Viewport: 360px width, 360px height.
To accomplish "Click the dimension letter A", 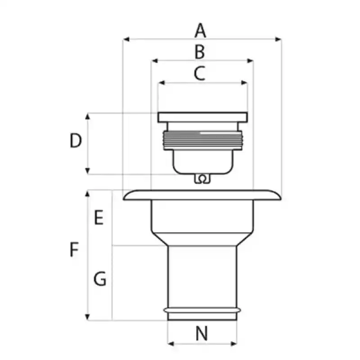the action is coord(200,30).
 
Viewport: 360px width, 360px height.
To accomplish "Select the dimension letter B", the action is coord(199,52).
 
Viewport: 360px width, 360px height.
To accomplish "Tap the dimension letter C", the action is coord(199,73).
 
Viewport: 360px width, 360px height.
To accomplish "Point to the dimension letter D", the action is coord(76,140).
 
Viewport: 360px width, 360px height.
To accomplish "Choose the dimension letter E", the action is coord(99,217).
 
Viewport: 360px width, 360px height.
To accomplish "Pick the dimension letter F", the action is coord(74,249).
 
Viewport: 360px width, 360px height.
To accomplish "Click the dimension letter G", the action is coord(100,279).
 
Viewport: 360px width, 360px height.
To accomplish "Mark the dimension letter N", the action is coord(202,333).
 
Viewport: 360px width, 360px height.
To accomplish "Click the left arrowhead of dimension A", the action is coord(126,39).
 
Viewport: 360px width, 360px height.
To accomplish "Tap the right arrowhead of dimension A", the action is coord(278,39).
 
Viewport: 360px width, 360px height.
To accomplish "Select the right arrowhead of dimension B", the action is coord(250,61).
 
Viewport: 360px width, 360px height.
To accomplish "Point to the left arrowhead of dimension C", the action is coord(162,83).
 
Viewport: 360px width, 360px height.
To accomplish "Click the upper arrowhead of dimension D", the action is coord(87,116).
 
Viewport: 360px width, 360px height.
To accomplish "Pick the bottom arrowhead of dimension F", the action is coord(87,317).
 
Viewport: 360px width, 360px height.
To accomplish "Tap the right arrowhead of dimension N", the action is coord(234,344).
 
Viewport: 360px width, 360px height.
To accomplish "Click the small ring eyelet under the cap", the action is coord(202,179).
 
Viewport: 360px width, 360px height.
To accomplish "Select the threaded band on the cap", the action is coord(203,140).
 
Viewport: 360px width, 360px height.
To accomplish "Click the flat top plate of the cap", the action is coord(203,117).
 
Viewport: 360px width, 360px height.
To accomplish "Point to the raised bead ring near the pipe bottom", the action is coord(202,310).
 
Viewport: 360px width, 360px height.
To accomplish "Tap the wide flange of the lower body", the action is coord(202,195).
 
